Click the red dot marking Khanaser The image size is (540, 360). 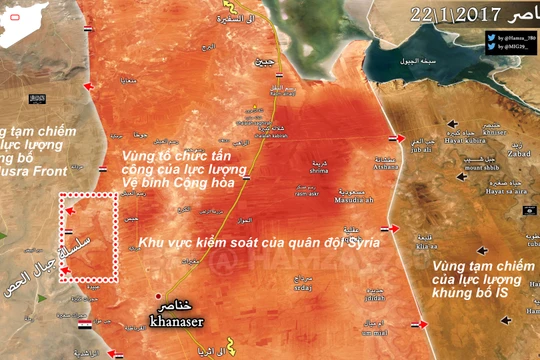pos(157,296)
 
